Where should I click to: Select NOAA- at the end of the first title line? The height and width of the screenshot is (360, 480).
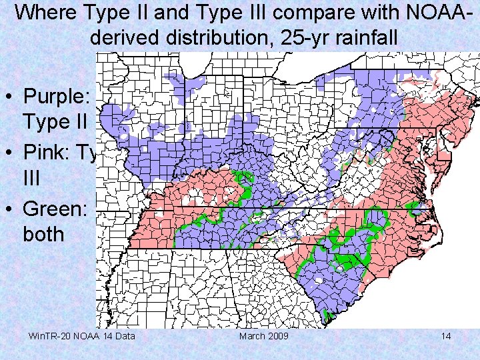[443, 12]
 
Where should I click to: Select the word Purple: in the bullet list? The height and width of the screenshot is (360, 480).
[60, 96]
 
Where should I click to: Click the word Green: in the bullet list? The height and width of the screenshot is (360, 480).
[56, 209]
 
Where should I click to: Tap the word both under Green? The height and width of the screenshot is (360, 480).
[43, 235]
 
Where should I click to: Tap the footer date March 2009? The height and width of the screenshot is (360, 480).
[264, 336]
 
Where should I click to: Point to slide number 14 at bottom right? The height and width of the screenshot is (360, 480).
[446, 336]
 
